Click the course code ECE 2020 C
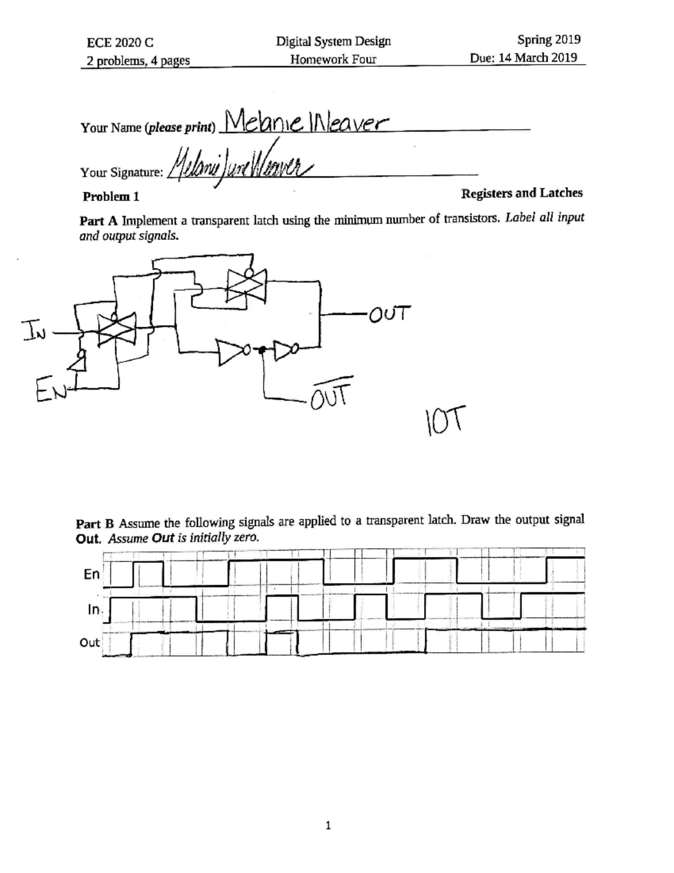[x=120, y=43]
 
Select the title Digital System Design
[x=333, y=41]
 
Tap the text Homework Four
[x=333, y=59]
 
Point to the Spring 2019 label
[x=549, y=39]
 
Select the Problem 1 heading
[x=111, y=197]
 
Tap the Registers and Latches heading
[x=521, y=193]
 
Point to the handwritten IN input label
[x=31, y=329]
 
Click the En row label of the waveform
[x=91, y=574]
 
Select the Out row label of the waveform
[x=89, y=643]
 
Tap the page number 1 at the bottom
[x=329, y=825]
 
